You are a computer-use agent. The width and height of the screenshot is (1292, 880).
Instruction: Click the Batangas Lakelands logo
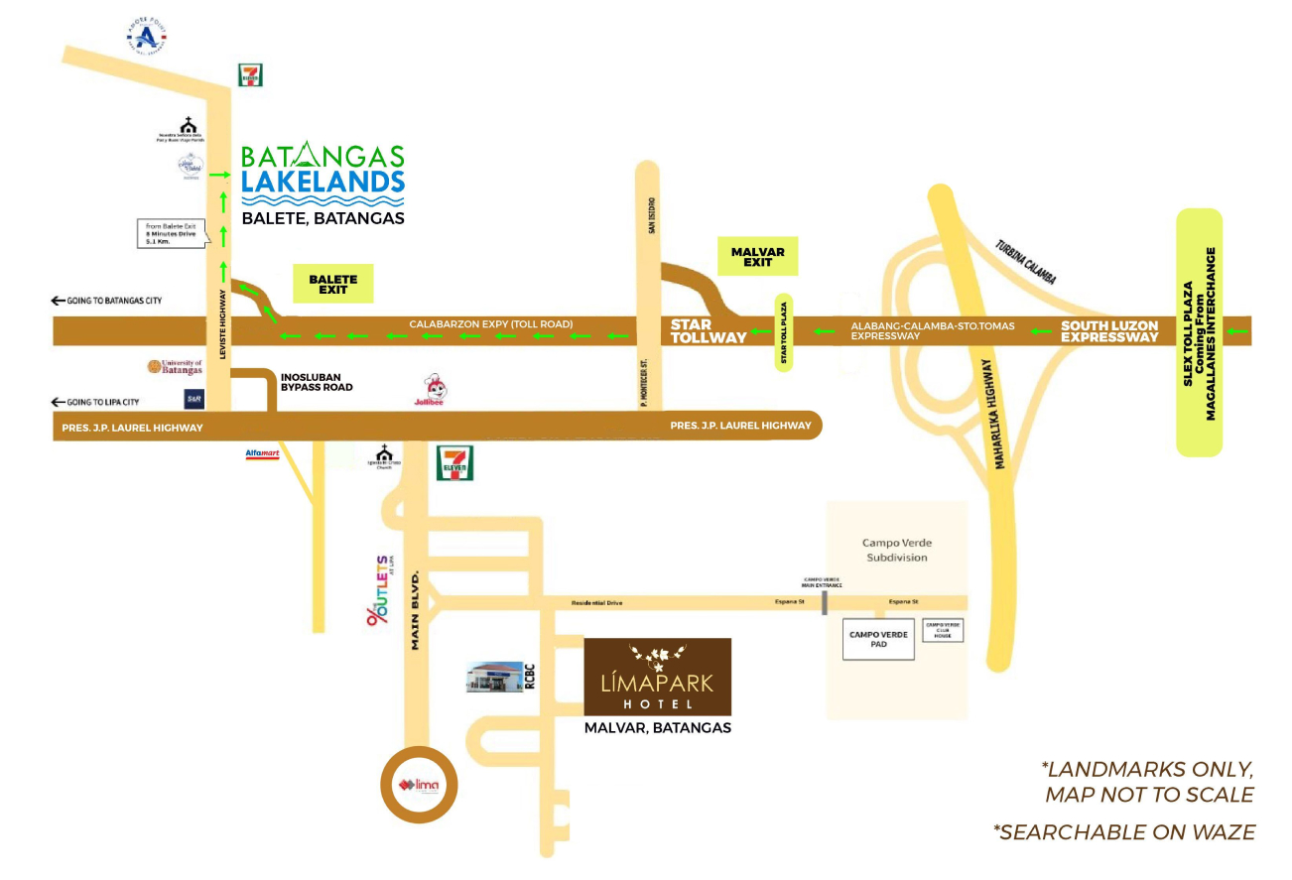pos(323,175)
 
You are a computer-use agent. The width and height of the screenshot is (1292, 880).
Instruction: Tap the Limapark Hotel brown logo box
pos(657,677)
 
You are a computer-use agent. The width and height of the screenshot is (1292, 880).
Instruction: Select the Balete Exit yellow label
pos(332,283)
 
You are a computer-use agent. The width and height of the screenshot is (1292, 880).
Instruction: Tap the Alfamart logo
pos(264,454)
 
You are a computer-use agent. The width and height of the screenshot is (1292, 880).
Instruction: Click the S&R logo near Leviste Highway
pos(194,398)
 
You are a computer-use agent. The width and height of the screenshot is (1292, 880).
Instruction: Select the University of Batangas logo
pos(176,367)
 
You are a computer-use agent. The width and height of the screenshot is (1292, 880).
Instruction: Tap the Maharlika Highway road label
pos(1001,416)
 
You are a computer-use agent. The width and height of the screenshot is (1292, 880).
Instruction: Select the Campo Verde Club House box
pos(943,629)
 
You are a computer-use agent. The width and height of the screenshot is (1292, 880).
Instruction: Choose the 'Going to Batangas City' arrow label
pos(106,301)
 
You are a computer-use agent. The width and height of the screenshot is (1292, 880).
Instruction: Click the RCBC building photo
pos(494,677)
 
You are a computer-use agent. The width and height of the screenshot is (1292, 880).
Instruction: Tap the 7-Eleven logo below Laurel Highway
pos(455,462)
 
